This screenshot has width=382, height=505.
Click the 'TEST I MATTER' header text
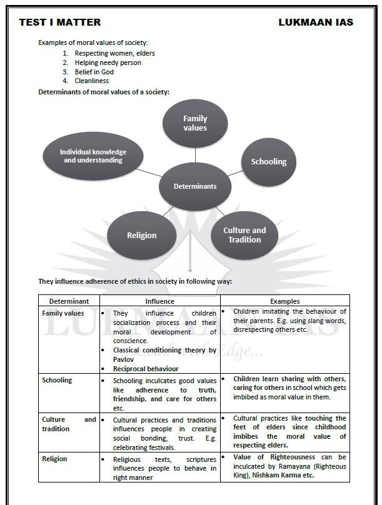59,22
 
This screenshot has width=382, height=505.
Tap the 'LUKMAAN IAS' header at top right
316,22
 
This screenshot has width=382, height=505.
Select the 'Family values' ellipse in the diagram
195,123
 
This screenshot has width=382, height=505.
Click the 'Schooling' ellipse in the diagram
269,162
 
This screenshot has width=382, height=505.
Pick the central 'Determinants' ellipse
195,186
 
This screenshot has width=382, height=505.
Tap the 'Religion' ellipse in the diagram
142,236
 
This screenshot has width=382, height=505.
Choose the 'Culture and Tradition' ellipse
244,235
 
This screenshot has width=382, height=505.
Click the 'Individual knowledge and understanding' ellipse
93,156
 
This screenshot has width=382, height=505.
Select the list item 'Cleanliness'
91,81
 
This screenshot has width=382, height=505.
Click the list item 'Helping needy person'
108,62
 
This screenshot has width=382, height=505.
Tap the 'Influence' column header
159,301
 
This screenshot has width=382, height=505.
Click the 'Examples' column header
284,301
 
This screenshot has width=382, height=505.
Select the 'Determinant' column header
69,301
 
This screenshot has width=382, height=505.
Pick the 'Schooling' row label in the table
57,380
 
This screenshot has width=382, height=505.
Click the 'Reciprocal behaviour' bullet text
146,369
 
